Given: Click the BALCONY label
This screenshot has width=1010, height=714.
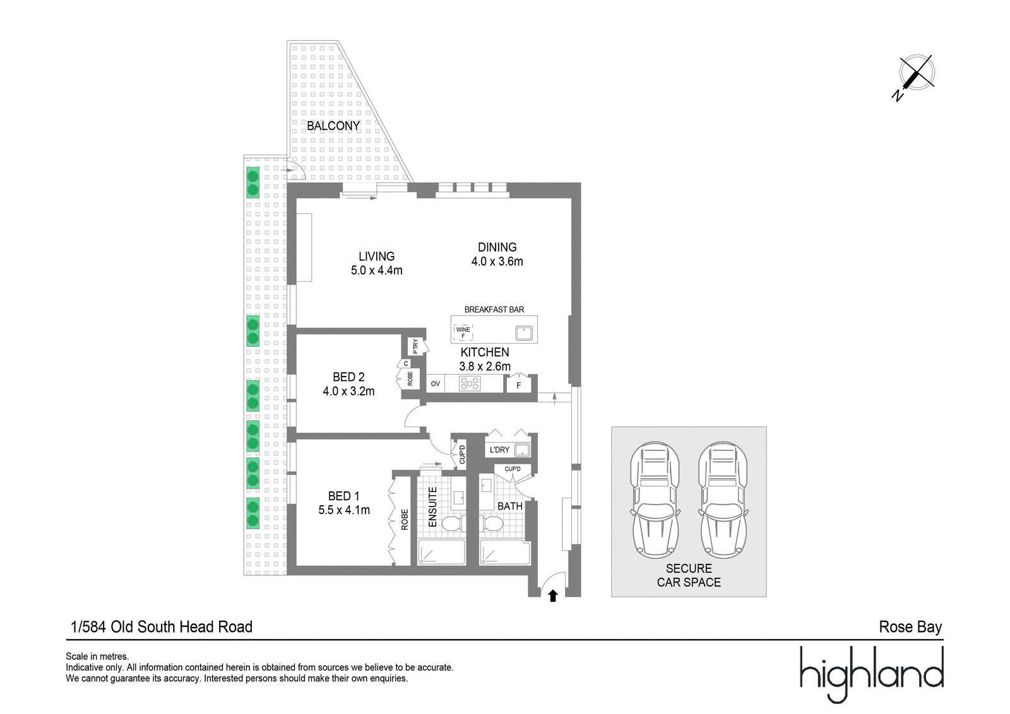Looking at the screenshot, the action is (x=333, y=126).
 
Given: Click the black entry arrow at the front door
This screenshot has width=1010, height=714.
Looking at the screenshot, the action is (x=553, y=596).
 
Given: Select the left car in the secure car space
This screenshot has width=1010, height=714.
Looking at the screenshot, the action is (x=655, y=500).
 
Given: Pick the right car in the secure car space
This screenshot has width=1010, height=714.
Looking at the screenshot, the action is (x=723, y=500).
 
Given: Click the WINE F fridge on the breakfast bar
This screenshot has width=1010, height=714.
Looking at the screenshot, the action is (x=463, y=332).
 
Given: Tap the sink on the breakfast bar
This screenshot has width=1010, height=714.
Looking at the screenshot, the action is (x=524, y=334).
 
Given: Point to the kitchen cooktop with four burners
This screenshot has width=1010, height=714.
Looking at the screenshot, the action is (x=470, y=383).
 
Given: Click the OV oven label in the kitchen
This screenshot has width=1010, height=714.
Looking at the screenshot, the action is (x=435, y=383).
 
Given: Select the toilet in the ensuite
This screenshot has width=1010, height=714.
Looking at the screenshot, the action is (x=451, y=524).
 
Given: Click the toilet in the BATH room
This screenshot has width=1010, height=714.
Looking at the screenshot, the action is (x=493, y=524).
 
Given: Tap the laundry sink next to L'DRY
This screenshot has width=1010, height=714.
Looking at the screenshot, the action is (x=523, y=450).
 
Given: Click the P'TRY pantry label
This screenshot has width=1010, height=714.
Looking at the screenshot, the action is (x=415, y=346).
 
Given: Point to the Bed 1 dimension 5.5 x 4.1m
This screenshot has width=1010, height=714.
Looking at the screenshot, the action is (x=344, y=510).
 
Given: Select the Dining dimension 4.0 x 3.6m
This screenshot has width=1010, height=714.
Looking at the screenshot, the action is (x=497, y=261).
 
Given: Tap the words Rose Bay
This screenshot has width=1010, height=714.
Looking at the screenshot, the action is (x=910, y=627).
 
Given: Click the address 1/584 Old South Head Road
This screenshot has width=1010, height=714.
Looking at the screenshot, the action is (x=162, y=626).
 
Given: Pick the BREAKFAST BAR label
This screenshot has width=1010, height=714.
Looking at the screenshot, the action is (x=494, y=310).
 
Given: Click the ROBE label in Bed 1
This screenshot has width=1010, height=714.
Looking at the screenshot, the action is (x=405, y=519).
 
